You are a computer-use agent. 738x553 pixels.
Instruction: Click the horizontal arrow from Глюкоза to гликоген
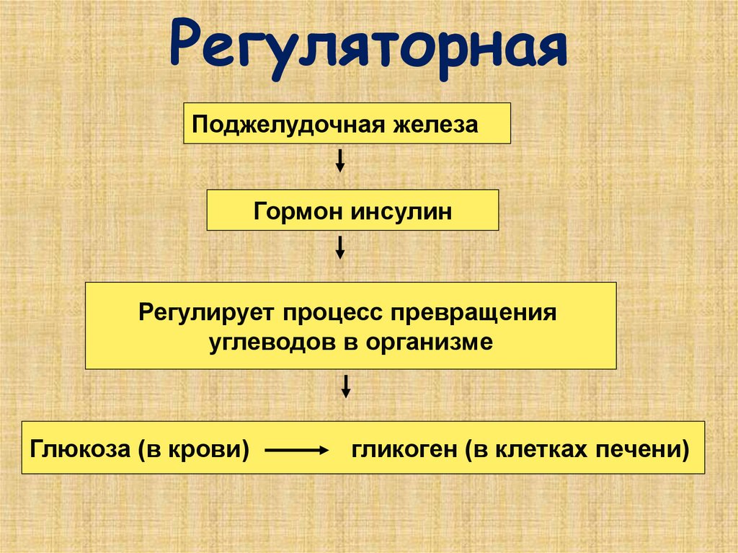[296, 451]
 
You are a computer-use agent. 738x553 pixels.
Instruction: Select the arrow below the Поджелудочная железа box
[340, 160]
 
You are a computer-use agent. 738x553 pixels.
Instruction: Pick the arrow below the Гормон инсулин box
[340, 248]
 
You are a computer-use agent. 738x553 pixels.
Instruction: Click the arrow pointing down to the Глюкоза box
[346, 386]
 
